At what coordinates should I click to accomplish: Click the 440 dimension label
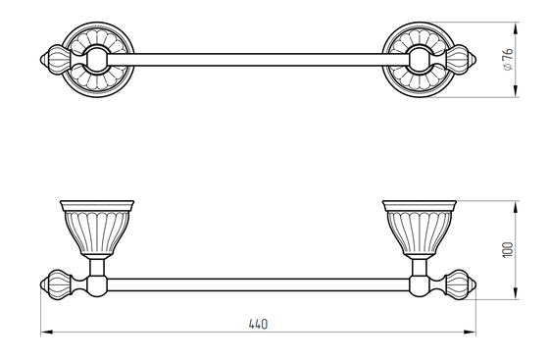click(258, 324)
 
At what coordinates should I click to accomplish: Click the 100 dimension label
click(508, 250)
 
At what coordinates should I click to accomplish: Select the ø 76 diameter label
click(508, 60)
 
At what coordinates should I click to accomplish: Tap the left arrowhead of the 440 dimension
click(47, 332)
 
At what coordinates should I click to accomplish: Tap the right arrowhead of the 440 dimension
click(470, 332)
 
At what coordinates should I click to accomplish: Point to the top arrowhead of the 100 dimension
click(516, 207)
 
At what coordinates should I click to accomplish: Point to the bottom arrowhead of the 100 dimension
click(516, 293)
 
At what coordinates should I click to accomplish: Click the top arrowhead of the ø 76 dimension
click(516, 28)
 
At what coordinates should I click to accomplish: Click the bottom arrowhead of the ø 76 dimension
click(516, 91)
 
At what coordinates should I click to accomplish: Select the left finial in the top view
click(56, 60)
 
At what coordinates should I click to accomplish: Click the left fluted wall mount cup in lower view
click(97, 228)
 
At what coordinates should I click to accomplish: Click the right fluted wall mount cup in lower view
click(420, 228)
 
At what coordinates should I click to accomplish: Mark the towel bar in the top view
click(258, 60)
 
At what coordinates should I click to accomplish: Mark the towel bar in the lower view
click(258, 284)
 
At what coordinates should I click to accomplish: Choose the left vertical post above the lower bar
click(97, 267)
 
